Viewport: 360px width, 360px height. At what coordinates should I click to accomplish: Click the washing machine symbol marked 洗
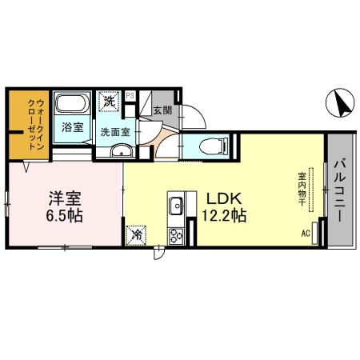(x=108, y=103)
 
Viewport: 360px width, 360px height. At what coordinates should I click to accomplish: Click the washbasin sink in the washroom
(x=122, y=151)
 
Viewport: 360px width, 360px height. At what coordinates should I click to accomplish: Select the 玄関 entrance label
(x=162, y=110)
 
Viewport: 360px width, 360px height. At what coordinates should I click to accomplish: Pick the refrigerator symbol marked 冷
(x=137, y=234)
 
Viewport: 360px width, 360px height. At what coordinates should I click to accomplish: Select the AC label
(x=306, y=234)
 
